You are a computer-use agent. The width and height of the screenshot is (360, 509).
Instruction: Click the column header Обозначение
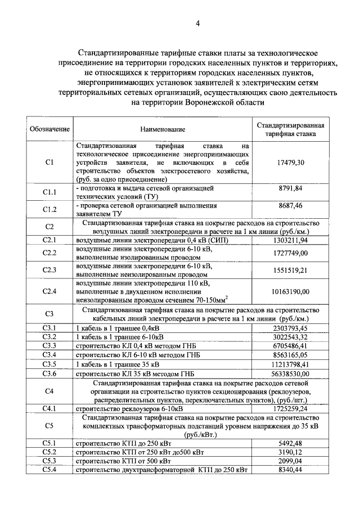pyautogui.click(x=49, y=129)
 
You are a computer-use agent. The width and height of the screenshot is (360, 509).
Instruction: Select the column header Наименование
pyautogui.click(x=163, y=129)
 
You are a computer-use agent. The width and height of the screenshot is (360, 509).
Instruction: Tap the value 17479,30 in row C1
pyautogui.click(x=291, y=162)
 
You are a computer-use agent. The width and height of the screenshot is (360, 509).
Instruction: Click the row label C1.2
pyautogui.click(x=49, y=210)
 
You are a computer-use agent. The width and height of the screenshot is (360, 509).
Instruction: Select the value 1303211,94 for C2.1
pyautogui.click(x=291, y=240)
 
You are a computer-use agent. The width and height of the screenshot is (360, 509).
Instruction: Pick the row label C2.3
pyautogui.click(x=49, y=270)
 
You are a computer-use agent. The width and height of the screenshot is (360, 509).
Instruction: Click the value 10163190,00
pyautogui.click(x=291, y=292)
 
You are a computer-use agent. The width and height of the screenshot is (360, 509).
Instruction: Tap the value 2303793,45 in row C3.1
pyautogui.click(x=291, y=328)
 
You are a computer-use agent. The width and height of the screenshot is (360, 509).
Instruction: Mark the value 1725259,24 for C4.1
pyautogui.click(x=291, y=408)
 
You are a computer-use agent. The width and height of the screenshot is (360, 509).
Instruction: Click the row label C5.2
pyautogui.click(x=49, y=452)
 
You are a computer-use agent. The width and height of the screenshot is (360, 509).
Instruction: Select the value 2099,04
pyautogui.click(x=291, y=460)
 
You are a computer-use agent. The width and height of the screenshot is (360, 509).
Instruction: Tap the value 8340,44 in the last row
pyautogui.click(x=291, y=469)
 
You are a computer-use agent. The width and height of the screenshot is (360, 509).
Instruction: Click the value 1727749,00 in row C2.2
pyautogui.click(x=291, y=253)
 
